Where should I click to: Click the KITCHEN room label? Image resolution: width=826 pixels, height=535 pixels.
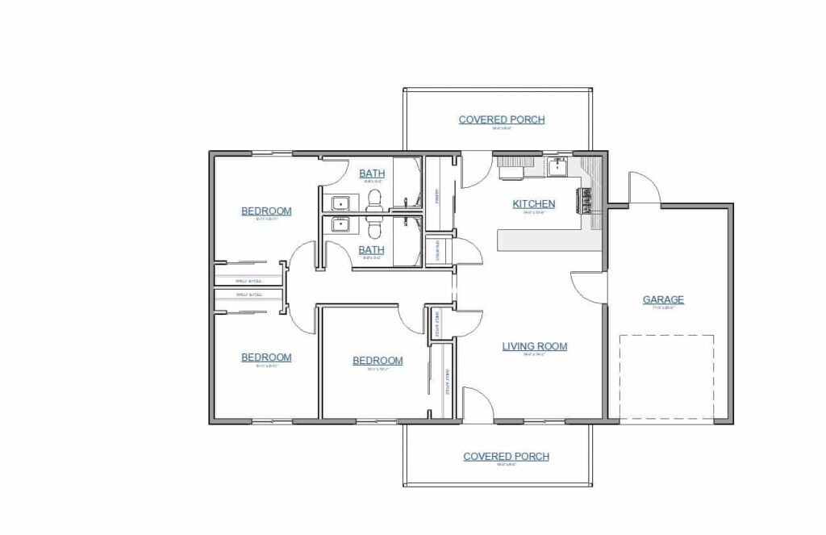click(533, 204)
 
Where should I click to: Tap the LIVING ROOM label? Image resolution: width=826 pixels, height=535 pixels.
click(534, 347)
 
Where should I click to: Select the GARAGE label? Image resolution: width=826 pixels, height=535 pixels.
click(663, 300)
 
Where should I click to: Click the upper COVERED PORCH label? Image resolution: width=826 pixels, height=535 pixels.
click(501, 120)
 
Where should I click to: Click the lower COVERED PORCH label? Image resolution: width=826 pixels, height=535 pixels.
click(506, 457)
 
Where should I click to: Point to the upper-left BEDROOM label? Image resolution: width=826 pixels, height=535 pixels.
click(266, 211)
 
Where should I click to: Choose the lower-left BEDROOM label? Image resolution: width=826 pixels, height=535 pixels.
click(266, 357)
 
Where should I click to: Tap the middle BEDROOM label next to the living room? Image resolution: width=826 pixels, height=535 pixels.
click(378, 361)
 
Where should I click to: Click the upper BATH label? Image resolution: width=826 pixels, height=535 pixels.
click(372, 173)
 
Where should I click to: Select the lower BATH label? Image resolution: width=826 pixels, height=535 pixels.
click(371, 250)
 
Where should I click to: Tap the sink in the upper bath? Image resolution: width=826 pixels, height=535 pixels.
click(340, 202)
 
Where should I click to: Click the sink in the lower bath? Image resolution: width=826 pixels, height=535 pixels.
click(340, 225)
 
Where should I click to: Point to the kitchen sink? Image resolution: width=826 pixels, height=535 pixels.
click(557, 167)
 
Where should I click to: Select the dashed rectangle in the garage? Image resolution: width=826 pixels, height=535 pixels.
click(666, 376)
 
